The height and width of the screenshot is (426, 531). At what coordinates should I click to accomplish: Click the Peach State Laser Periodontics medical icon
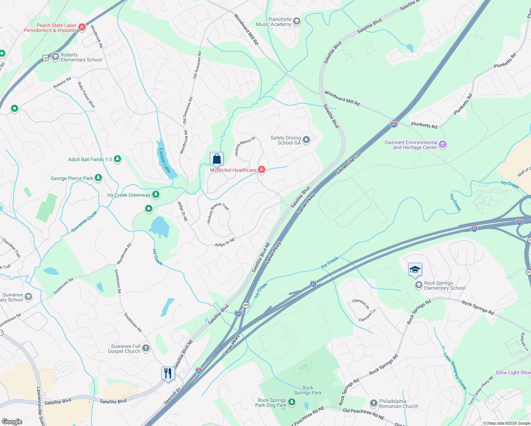click(x=82, y=27)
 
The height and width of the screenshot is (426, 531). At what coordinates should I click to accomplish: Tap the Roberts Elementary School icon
click(x=55, y=57)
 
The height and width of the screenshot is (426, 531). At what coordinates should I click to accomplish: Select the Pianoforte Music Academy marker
click(x=297, y=21)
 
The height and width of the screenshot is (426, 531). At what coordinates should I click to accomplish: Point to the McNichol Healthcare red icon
click(x=262, y=170)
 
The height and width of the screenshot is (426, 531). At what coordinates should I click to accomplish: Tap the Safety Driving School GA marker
click(x=306, y=140)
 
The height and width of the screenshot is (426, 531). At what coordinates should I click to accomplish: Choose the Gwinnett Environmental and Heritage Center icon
click(x=443, y=144)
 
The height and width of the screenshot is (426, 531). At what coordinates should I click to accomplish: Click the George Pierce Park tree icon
click(x=98, y=178)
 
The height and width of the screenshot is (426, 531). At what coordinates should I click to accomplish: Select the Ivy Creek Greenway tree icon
click(x=155, y=195)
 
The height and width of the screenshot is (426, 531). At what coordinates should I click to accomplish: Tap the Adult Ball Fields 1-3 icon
click(x=117, y=159)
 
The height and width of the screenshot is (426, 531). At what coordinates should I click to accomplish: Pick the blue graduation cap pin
click(x=415, y=270)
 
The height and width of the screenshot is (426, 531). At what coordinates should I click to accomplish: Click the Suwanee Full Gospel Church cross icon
click(x=146, y=348)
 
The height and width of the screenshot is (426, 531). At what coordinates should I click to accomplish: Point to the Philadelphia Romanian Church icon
click(x=373, y=403)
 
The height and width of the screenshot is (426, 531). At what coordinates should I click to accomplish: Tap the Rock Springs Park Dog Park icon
click(x=292, y=402)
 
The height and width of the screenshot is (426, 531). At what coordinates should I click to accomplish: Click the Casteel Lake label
click(x=164, y=160)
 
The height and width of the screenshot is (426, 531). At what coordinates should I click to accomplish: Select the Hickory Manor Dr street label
click(x=245, y=146)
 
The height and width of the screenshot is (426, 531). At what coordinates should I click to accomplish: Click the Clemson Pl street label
click(x=361, y=304)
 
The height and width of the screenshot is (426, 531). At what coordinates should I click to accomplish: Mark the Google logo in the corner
click(x=12, y=421)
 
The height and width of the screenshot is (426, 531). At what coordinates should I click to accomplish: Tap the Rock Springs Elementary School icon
click(x=419, y=285)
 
